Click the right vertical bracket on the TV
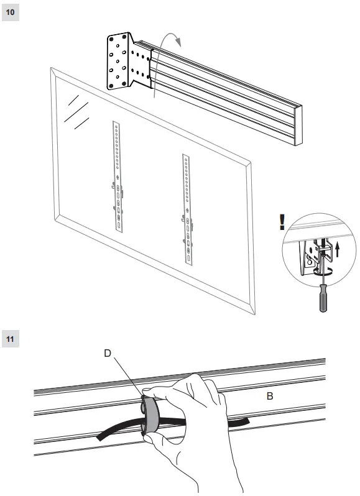pos(186,208)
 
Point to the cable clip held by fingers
pos(150,413)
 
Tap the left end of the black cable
pos(99,438)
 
